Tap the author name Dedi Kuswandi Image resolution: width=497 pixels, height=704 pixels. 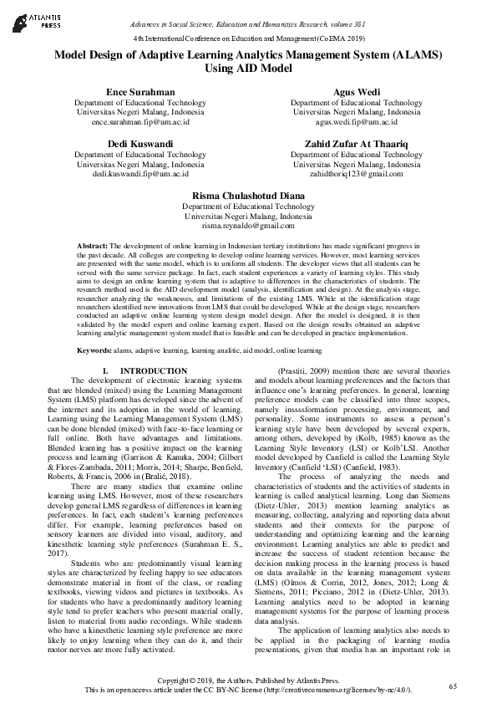point(140,144)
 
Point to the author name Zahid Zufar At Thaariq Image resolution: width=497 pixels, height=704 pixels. point(356,144)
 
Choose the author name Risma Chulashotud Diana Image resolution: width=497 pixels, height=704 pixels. point(248,196)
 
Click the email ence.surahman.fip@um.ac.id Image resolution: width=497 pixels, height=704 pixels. point(140,121)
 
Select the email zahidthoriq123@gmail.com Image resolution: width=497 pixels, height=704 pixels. point(356,174)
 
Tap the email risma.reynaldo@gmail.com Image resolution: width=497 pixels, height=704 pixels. point(248,226)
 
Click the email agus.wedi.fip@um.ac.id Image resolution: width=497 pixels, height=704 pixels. point(356,121)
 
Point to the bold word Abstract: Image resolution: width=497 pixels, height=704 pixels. point(92,247)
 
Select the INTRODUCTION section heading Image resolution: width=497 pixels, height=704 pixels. point(153,370)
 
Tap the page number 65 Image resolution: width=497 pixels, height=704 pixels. point(453,686)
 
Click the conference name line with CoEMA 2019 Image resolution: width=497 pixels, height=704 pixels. point(248,39)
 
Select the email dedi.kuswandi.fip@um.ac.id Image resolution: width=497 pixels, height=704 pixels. point(140,174)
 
